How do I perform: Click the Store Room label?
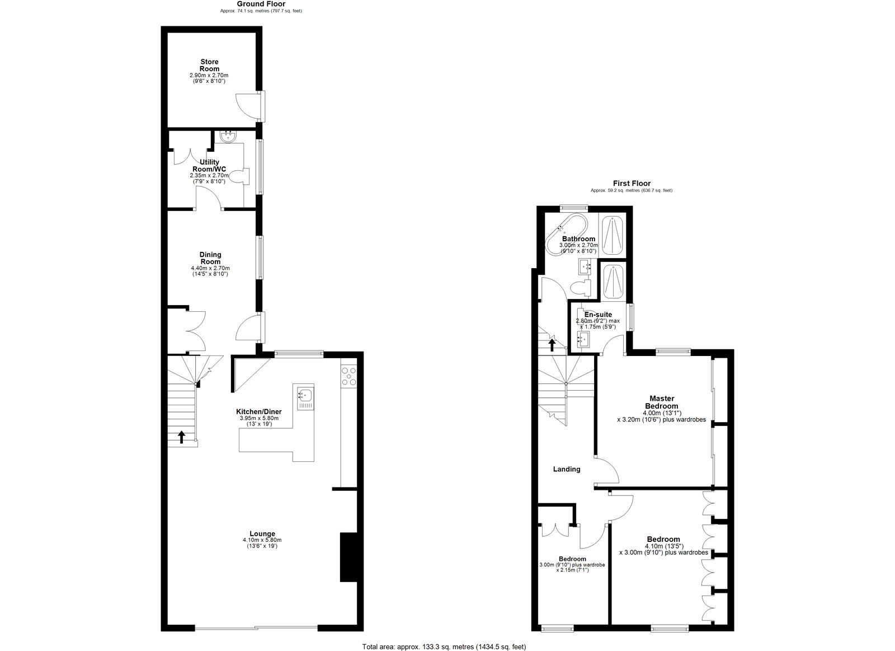point(210,65)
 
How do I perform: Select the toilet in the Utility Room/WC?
point(241,177)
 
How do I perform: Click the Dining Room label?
point(210,258)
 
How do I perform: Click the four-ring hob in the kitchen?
point(348,376)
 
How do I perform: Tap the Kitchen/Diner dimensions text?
point(258,421)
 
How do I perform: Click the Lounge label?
point(262,533)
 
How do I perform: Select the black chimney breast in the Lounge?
point(347,557)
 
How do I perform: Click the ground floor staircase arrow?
point(181,435)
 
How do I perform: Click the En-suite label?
point(598,315)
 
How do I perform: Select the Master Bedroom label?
point(662,402)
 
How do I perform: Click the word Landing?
point(567,469)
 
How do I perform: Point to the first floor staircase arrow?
point(552,344)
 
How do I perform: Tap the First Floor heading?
point(632,183)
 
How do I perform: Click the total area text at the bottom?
point(445,647)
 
